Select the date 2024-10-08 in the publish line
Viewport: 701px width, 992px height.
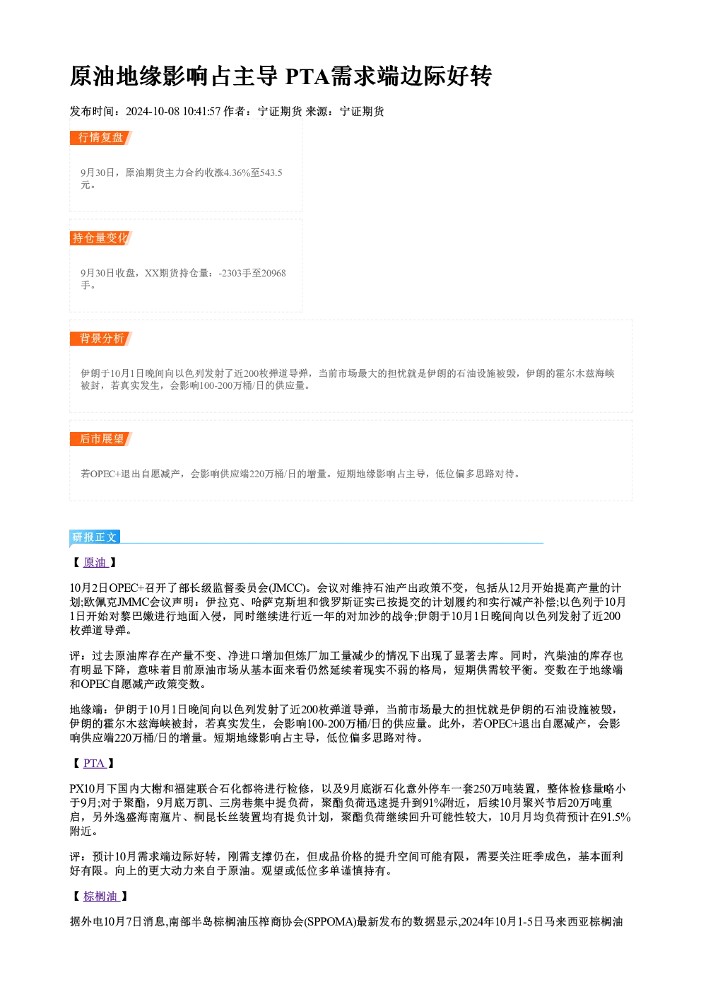[x=153, y=111]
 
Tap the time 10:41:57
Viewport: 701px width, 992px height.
[x=201, y=111]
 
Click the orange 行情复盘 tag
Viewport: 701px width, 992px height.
[x=100, y=138]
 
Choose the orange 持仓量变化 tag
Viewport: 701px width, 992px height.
[x=100, y=238]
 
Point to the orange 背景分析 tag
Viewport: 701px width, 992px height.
[x=100, y=339]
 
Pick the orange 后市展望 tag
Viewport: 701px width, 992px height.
[x=100, y=439]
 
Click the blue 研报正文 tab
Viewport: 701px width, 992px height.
[x=95, y=537]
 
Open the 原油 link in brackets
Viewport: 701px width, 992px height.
[x=95, y=562]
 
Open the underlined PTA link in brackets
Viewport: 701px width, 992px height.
[x=94, y=763]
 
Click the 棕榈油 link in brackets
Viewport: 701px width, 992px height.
[x=101, y=897]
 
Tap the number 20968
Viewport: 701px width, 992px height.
[x=274, y=273]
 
